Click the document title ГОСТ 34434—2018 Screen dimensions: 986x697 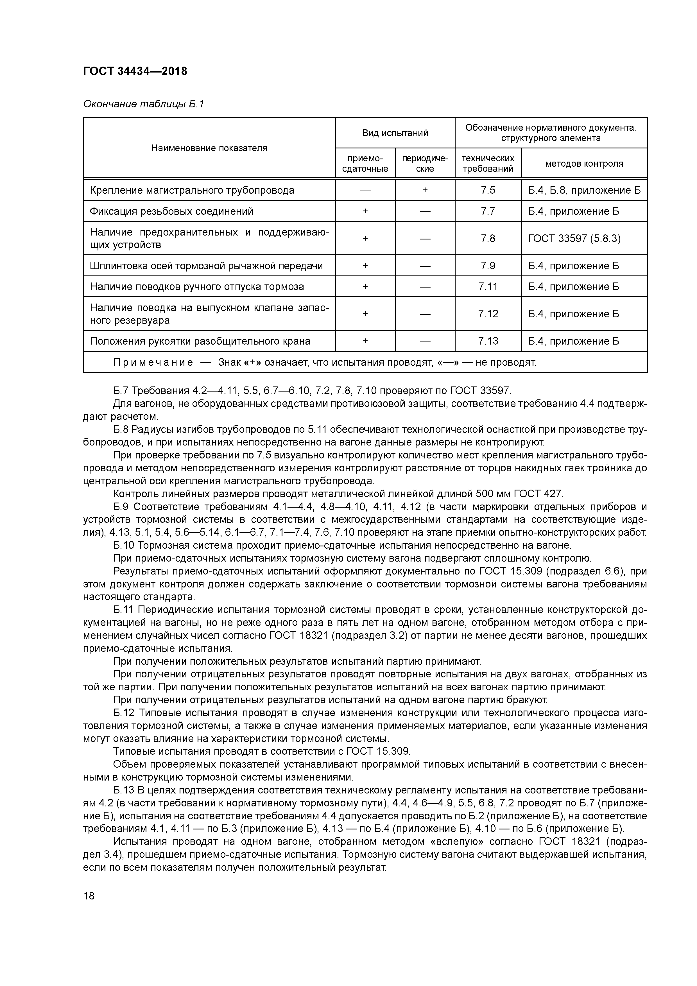tap(135, 71)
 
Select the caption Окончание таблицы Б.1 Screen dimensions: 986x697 tap(143, 104)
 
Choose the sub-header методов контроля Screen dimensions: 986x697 tap(584, 164)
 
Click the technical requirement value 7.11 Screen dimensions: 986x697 tap(488, 286)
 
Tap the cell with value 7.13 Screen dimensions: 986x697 tap(488, 341)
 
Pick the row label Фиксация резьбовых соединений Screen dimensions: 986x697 tap(171, 211)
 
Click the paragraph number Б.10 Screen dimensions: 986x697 tap(124, 545)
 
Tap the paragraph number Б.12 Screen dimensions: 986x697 tap(124, 713)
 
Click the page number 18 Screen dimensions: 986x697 tap(89, 896)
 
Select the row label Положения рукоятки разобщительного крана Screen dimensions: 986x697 tap(200, 341)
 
